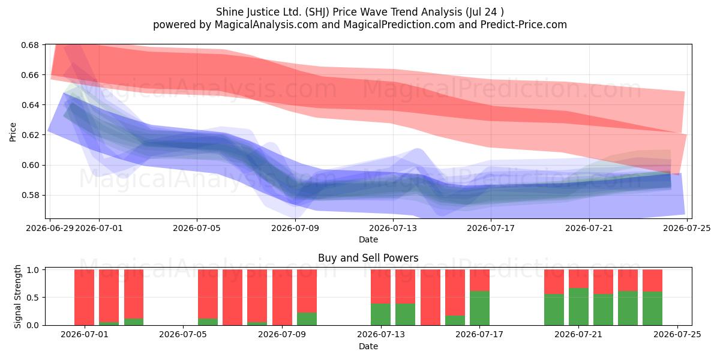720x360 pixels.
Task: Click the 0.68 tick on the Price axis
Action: [x=30, y=45]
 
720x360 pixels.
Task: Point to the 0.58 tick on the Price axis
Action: [x=30, y=196]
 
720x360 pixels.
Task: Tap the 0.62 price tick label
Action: [x=30, y=135]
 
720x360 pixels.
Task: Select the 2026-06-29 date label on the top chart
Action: [x=50, y=228]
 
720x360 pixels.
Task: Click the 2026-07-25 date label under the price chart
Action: [x=687, y=228]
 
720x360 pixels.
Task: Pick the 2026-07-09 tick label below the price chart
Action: [x=295, y=228]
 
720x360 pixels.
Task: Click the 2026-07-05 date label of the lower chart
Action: [x=183, y=335]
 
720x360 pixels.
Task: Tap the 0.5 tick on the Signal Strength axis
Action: [x=33, y=298]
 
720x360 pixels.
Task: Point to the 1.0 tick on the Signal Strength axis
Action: [x=33, y=270]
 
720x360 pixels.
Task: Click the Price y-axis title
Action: [x=13, y=132]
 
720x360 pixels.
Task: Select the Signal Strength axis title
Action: [x=17, y=296]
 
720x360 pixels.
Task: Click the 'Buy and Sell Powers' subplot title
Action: [x=368, y=258]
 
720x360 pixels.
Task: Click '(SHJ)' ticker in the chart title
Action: [x=317, y=12]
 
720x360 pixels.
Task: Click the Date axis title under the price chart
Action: [x=368, y=239]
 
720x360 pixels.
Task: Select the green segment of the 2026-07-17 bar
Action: [x=479, y=308]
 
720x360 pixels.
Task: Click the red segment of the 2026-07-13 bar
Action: [x=380, y=287]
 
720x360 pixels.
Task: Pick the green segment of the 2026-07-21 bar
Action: [x=578, y=307]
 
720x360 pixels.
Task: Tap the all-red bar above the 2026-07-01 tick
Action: [x=84, y=298]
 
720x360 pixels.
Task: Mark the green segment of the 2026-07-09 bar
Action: [x=307, y=319]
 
